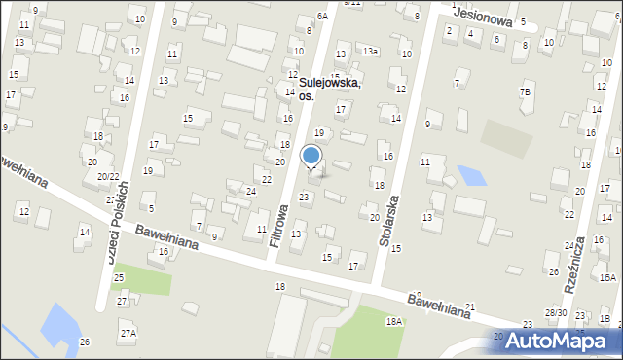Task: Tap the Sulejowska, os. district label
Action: (x=329, y=90)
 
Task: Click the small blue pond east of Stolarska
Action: (x=471, y=176)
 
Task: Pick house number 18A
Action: (x=393, y=321)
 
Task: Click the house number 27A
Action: (x=128, y=333)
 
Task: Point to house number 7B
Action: (x=527, y=92)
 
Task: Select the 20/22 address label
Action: (x=108, y=176)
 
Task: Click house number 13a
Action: (x=371, y=51)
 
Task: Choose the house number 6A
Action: (x=322, y=17)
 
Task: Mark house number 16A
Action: (x=607, y=278)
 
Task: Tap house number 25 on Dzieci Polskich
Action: (x=118, y=278)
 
